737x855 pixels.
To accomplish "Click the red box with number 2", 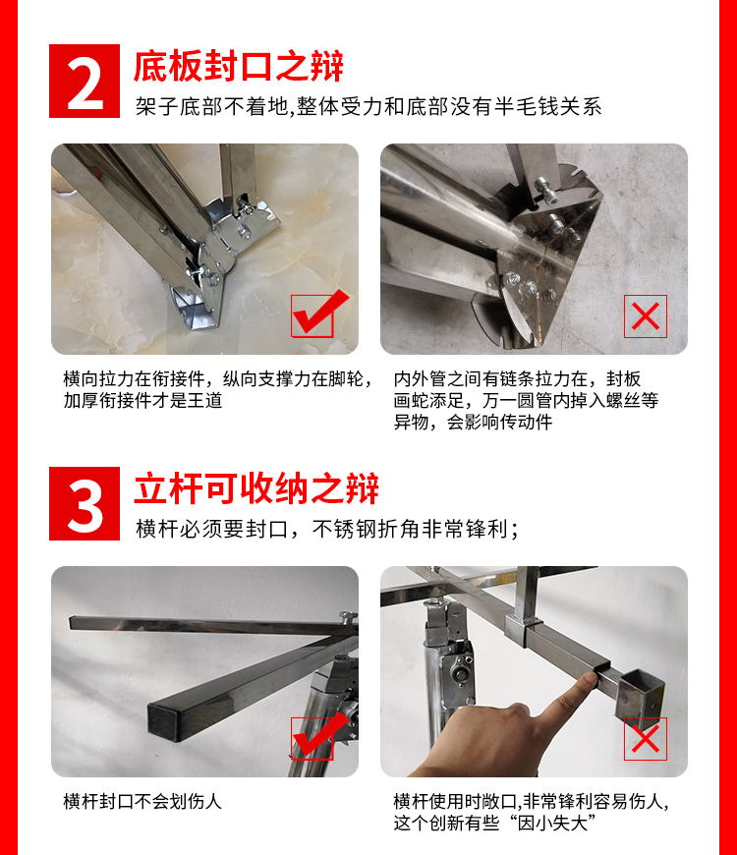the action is pyautogui.click(x=85, y=81).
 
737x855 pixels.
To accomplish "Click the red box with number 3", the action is pyautogui.click(x=85, y=503).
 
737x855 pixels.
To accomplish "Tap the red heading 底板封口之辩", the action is pyautogui.click(x=239, y=66).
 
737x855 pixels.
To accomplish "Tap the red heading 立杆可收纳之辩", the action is pyautogui.click(x=256, y=488).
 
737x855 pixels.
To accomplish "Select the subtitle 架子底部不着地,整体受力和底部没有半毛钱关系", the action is pyautogui.click(x=368, y=106).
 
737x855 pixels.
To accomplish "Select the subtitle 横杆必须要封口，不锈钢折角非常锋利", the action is pyautogui.click(x=327, y=529).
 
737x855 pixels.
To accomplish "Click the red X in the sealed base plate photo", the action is pyautogui.click(x=646, y=316).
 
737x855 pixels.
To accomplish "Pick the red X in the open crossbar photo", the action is pyautogui.click(x=646, y=739).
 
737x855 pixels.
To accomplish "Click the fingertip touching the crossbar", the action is pyautogui.click(x=589, y=679).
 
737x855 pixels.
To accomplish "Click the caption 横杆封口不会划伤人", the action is pyautogui.click(x=142, y=802).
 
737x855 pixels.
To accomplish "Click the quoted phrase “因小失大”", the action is pyautogui.click(x=550, y=823).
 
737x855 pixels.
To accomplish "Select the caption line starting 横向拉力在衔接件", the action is pyautogui.click(x=219, y=379).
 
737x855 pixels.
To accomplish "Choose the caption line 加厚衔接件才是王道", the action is pyautogui.click(x=142, y=401).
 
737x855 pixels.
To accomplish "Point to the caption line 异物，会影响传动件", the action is pyautogui.click(x=474, y=422).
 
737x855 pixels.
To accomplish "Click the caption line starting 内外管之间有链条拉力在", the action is pyautogui.click(x=517, y=379).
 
